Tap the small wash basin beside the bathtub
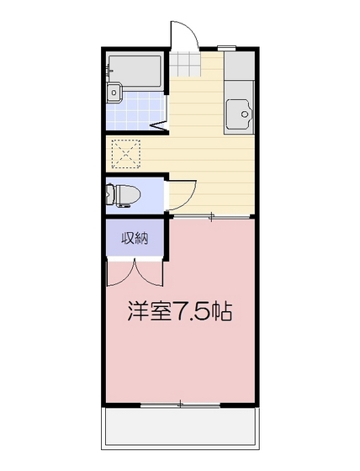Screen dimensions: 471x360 click(115, 93)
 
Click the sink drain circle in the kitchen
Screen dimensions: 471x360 click(245, 113)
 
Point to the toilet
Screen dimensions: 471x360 click(123, 195)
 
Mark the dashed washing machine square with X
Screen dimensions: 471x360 click(129, 155)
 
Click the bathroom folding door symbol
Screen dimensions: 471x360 click(157, 127)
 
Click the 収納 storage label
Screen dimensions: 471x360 click(135, 238)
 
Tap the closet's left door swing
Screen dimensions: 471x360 click(119, 273)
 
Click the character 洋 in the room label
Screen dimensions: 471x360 click(140, 312)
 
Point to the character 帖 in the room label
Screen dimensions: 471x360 click(222, 312)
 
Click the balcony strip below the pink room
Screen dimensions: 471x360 click(179, 429)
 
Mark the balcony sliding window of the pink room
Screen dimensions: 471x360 click(179, 405)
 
